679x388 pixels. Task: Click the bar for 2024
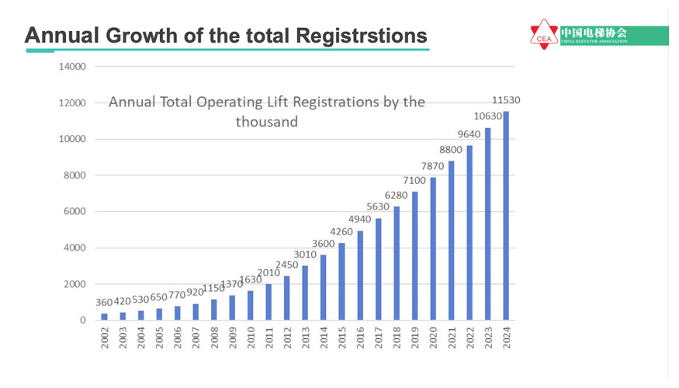pos(506,216)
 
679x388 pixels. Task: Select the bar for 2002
pos(105,317)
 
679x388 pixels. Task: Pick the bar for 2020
pos(433,248)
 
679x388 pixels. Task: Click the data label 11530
pos(506,101)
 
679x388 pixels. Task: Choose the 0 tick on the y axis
pos(82,320)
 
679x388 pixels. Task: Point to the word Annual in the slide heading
pos(61,36)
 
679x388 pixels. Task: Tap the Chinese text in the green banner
pos(594,32)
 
